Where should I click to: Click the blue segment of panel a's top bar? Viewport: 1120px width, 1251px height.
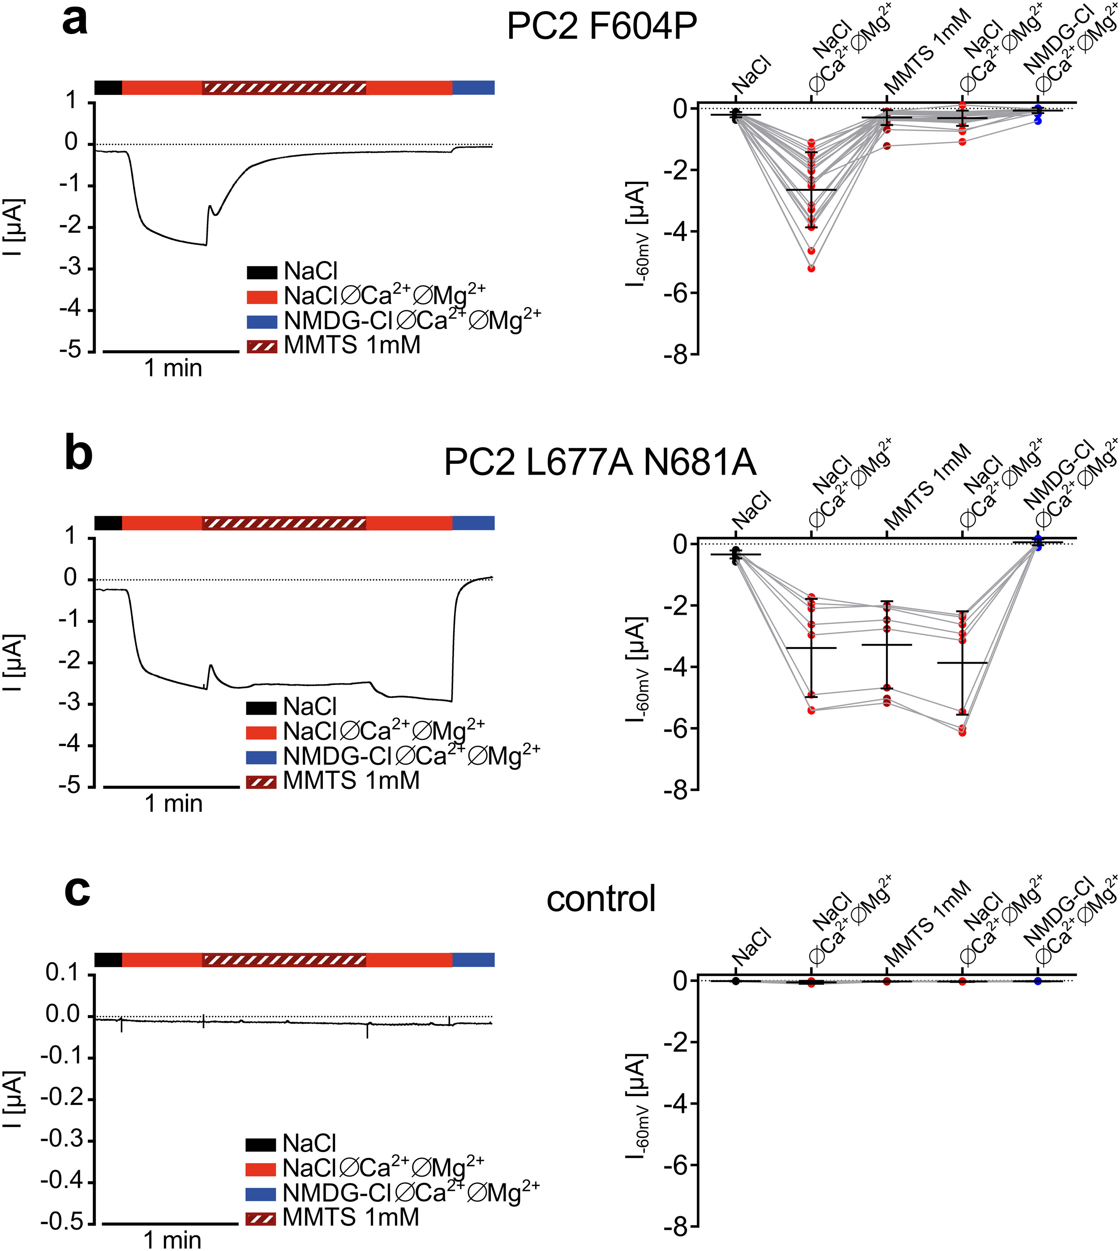[x=473, y=87]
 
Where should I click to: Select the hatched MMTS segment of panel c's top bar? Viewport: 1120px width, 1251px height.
[x=284, y=960]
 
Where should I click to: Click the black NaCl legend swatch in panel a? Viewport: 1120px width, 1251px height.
[x=262, y=272]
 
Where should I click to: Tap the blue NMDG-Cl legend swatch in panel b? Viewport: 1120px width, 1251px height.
[x=261, y=757]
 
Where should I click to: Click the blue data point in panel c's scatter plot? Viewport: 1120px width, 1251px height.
[x=1038, y=981]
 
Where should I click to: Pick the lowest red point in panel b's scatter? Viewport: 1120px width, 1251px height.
[x=962, y=732]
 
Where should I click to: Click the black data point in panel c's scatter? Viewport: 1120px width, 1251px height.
[x=735, y=980]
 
